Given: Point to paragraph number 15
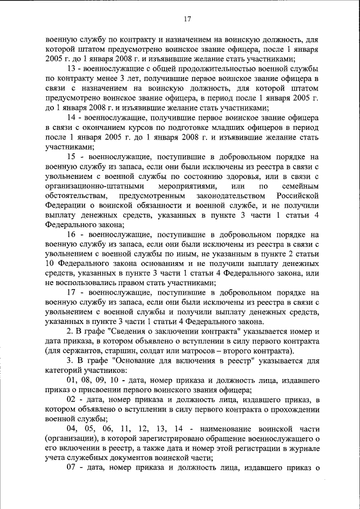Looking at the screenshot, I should (72, 157).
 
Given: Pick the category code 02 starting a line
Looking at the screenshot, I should (72, 399).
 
